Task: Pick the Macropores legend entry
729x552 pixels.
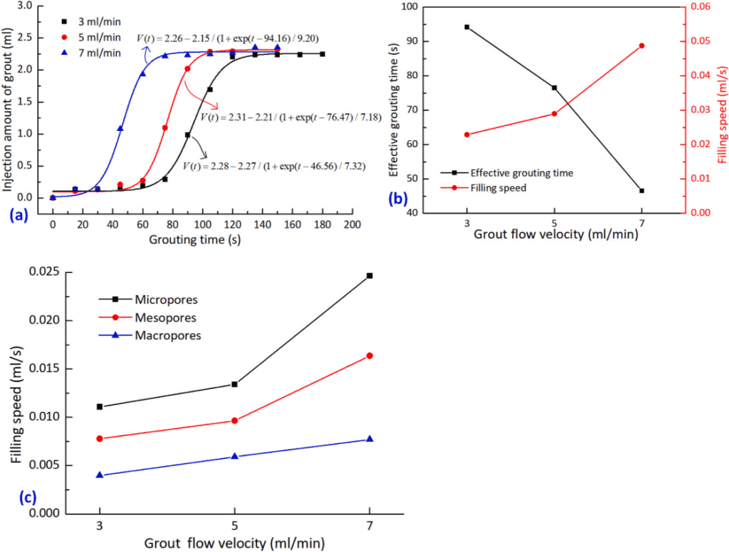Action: click(157, 334)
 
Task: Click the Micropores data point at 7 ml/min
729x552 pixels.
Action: click(369, 275)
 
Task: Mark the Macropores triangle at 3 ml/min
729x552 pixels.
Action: click(100, 475)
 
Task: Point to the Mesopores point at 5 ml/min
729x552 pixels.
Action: click(234, 420)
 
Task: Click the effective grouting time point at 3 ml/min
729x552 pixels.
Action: click(467, 27)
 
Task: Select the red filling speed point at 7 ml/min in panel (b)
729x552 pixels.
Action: click(641, 46)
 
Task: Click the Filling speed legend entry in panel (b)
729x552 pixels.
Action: click(498, 189)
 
